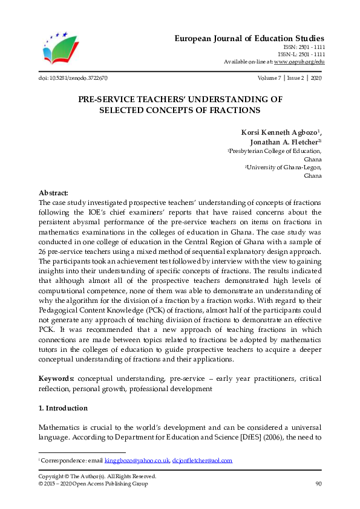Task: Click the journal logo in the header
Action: (x=60, y=49)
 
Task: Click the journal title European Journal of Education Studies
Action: (x=249, y=37)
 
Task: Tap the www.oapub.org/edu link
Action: (x=299, y=62)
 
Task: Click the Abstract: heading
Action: (x=54, y=192)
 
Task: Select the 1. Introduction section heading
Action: (x=63, y=408)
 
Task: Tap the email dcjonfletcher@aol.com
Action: (x=202, y=461)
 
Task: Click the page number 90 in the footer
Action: (x=318, y=484)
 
